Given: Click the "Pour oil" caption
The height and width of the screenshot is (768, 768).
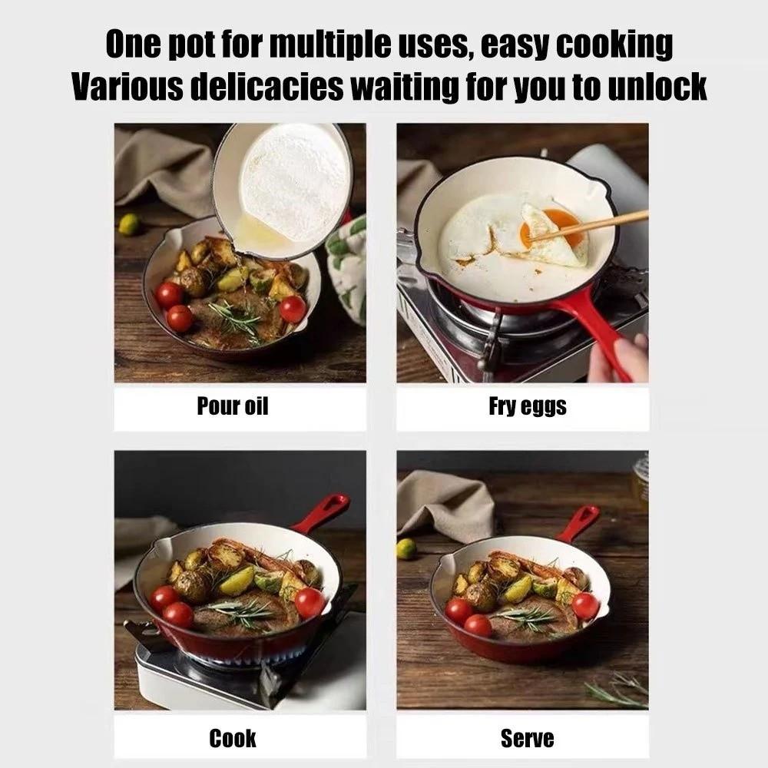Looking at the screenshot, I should tap(232, 406).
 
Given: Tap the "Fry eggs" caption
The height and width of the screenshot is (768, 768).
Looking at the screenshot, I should tap(527, 406).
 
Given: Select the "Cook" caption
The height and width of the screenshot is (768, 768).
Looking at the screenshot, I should tap(232, 738).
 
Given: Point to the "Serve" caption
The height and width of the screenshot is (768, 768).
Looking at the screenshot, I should tap(527, 738).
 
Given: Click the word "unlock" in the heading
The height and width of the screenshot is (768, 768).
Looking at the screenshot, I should tap(655, 87).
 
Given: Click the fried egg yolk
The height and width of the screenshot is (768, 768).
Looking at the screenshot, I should tap(558, 225).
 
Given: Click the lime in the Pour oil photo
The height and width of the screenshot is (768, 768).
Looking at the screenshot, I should tap(129, 223).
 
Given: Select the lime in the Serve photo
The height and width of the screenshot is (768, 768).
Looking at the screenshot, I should tap(406, 548).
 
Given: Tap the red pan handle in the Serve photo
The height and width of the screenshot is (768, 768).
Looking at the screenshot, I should tap(580, 523).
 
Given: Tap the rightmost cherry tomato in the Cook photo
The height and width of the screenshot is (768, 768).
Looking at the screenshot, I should tap(310, 603).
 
